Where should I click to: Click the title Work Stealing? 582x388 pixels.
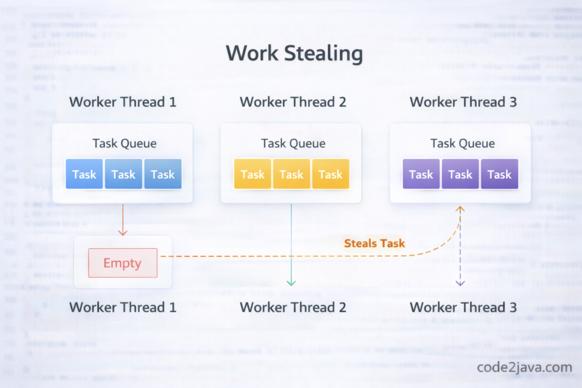(x=294, y=54)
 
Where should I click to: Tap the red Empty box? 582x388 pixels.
(x=123, y=263)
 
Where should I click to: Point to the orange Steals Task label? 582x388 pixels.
(x=374, y=243)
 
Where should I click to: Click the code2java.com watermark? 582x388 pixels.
(x=524, y=367)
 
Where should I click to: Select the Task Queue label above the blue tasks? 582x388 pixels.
(x=124, y=143)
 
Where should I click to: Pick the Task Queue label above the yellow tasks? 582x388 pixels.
(x=293, y=143)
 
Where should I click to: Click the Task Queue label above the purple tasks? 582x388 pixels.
(x=462, y=143)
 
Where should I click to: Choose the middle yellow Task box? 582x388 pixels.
(x=292, y=174)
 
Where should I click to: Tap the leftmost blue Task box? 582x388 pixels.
(x=84, y=174)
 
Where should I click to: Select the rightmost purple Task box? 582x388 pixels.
(x=500, y=174)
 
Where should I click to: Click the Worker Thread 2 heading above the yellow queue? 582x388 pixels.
(x=293, y=102)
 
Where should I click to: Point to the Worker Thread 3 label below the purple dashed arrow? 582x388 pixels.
(x=463, y=307)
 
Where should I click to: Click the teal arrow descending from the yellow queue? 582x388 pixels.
(x=291, y=244)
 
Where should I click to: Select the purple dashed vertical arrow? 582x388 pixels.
(x=460, y=250)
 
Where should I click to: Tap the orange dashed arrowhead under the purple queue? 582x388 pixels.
(x=460, y=210)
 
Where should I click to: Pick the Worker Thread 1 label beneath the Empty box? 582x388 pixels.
(x=123, y=307)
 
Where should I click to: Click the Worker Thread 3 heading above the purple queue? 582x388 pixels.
(x=463, y=102)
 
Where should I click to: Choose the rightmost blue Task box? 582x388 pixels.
(x=163, y=174)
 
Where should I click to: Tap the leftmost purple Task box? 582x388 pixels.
(x=421, y=174)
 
